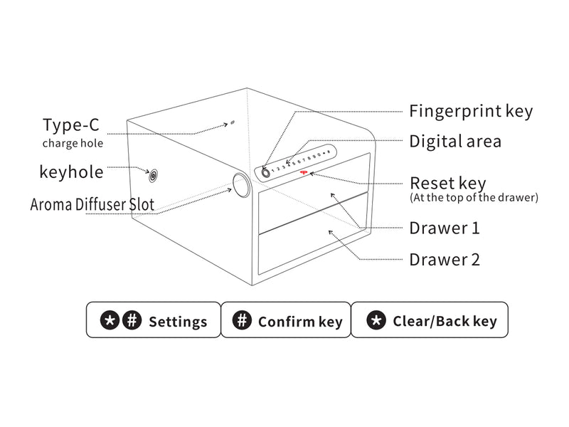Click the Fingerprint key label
point(470,111)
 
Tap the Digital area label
point(454,141)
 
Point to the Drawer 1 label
point(444,228)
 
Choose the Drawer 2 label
point(444,259)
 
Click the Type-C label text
point(70,126)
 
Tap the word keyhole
point(70,172)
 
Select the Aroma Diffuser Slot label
point(92,206)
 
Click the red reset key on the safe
point(304,172)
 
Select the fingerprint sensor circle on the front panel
point(265,172)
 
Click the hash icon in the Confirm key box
point(243,320)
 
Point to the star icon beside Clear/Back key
point(376,320)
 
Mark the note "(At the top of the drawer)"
point(474,197)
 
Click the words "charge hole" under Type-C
point(73,143)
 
